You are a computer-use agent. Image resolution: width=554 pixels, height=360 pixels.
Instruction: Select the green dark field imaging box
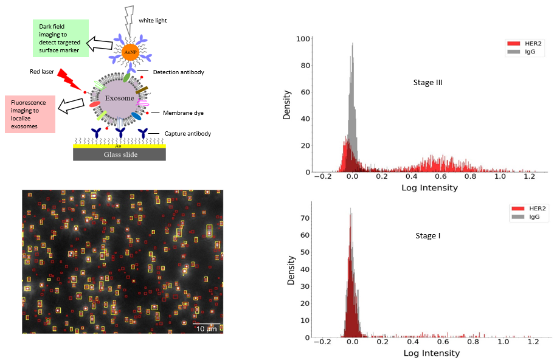[x=61, y=37]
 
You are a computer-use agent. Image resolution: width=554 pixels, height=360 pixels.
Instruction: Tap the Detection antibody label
[x=178, y=72]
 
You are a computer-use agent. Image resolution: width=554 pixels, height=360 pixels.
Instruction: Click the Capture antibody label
[x=188, y=133]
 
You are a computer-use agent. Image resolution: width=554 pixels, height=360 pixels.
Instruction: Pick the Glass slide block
[x=120, y=155]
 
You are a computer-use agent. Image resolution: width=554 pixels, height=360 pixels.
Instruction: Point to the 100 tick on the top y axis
[x=303, y=38]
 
